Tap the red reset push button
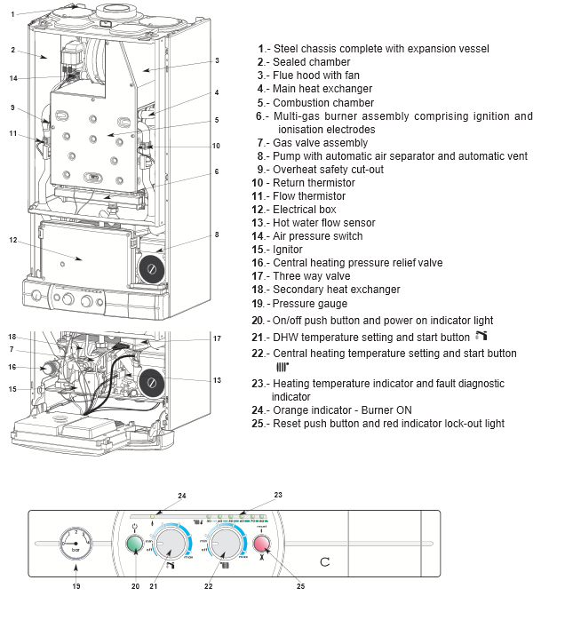pos(262,545)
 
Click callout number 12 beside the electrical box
pos(13,240)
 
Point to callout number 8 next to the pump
pos(216,235)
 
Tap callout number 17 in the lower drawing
pos(216,338)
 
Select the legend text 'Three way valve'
pos(312,276)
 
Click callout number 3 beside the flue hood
pos(216,61)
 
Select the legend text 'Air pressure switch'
pos(317,236)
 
